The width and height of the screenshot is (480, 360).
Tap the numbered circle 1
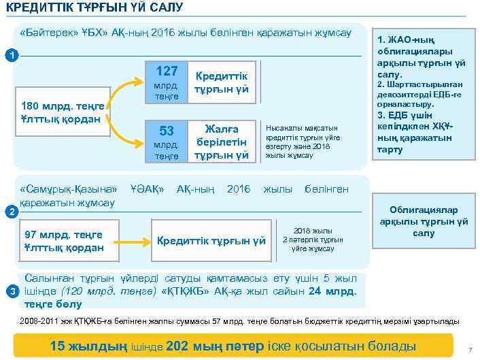pos(7,54)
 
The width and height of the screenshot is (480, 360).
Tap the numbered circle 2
pos(7,212)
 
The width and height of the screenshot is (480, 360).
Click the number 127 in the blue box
pos(167,71)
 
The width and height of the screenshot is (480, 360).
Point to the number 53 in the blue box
pos(167,131)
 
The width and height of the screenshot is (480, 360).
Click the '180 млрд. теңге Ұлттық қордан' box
pos(61,112)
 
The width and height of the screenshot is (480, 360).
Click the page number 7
pos(469,350)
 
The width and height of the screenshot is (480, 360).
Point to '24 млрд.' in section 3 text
pos(332,292)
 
